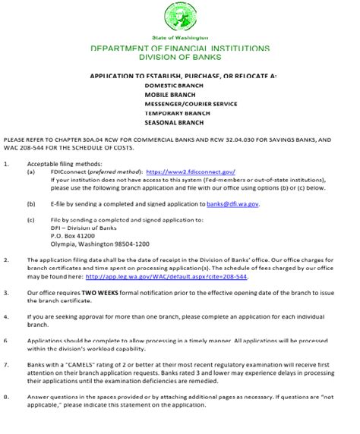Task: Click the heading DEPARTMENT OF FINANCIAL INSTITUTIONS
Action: [x=179, y=48]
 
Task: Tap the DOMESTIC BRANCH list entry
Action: [x=171, y=86]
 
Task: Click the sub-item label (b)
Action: [x=30, y=204]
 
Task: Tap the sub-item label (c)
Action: [x=30, y=220]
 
